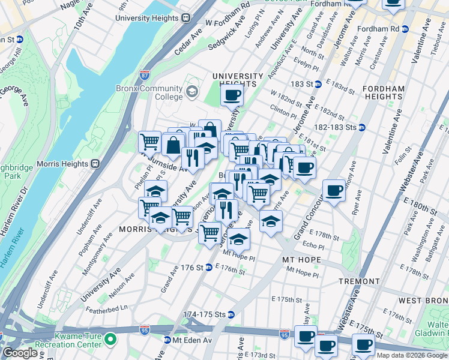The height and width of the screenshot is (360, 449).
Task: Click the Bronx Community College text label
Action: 149,92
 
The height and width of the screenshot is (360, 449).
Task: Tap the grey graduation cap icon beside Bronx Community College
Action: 191,92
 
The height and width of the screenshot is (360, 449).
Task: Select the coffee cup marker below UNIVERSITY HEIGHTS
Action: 232,94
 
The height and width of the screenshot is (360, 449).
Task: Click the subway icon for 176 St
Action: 208,267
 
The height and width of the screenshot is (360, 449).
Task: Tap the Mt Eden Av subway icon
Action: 167,340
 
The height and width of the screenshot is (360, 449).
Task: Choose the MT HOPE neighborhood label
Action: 302,260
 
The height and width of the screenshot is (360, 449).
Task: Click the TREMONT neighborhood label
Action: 359,281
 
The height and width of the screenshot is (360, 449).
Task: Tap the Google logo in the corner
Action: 20,353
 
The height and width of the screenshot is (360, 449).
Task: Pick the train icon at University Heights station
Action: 187,18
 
